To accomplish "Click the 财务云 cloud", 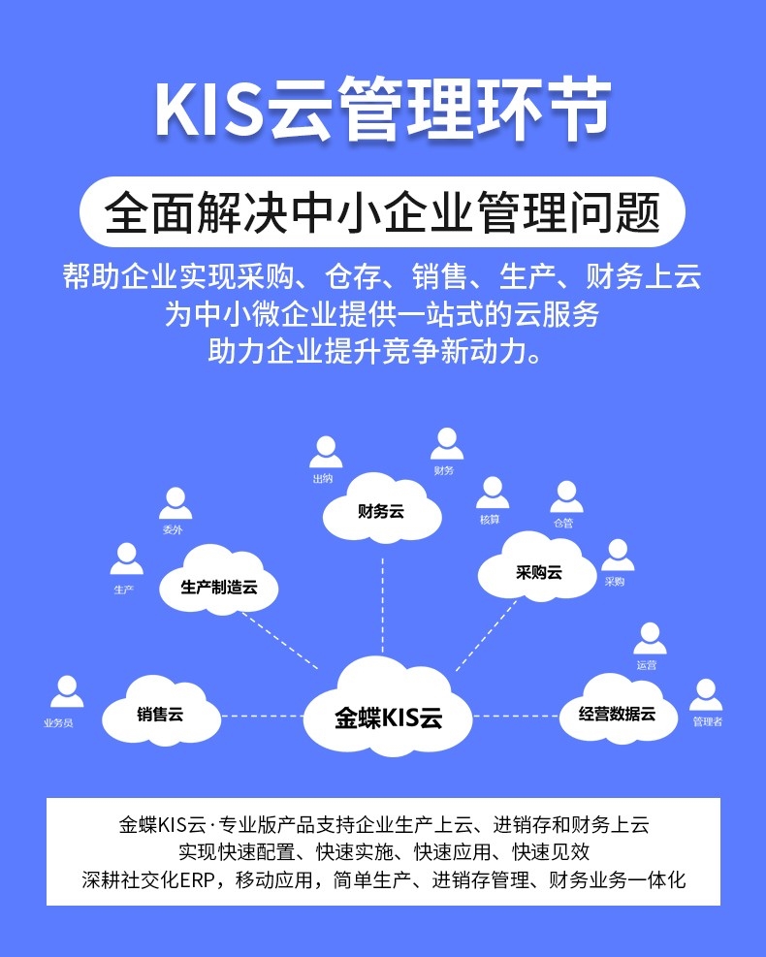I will pyautogui.click(x=381, y=511).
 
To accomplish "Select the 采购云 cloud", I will pyautogui.click(x=538, y=572).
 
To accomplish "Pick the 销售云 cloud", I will pyautogui.click(x=161, y=715).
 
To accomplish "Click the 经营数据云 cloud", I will pyautogui.click(x=617, y=715).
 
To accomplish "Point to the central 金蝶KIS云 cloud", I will pyautogui.click(x=388, y=718).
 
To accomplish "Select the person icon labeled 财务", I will pyautogui.click(x=445, y=444).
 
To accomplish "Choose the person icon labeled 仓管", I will pyautogui.click(x=566, y=496).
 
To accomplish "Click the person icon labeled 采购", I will pyautogui.click(x=617, y=556).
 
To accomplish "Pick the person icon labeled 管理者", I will pyautogui.click(x=706, y=695).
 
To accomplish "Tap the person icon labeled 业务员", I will pyautogui.click(x=66, y=692).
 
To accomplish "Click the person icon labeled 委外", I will pyautogui.click(x=175, y=504).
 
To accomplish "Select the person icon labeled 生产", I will pyautogui.click(x=125, y=559).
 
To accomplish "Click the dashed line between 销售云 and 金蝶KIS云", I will pyautogui.click(x=262, y=716).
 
